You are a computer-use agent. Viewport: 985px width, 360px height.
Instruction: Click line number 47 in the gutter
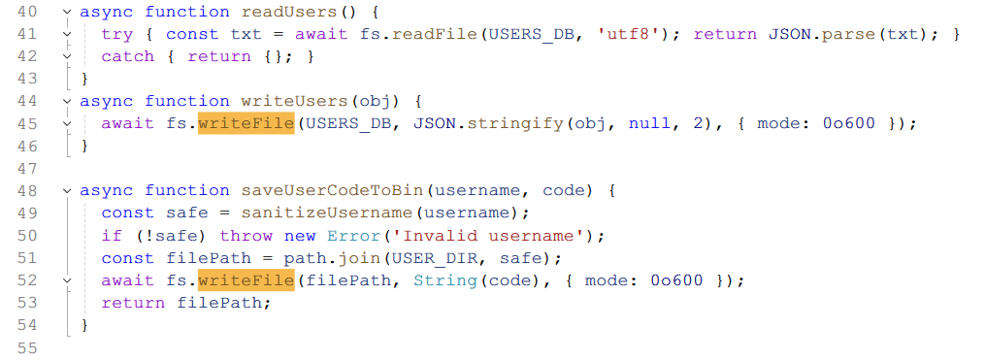(x=26, y=169)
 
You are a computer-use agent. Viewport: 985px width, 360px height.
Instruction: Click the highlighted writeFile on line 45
(x=246, y=123)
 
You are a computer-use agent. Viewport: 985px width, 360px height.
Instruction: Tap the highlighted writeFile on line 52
(x=246, y=280)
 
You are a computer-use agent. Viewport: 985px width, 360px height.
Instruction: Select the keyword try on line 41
(x=116, y=35)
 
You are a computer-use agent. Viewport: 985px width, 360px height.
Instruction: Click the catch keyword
(x=127, y=56)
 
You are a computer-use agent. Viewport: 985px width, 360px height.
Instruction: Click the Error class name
(x=353, y=236)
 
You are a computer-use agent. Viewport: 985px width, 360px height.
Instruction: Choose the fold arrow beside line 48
(x=68, y=190)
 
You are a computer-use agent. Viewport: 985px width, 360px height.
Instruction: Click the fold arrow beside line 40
(x=68, y=12)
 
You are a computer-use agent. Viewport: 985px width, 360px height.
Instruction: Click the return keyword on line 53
(x=133, y=303)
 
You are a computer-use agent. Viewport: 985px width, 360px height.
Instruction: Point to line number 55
(x=26, y=347)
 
